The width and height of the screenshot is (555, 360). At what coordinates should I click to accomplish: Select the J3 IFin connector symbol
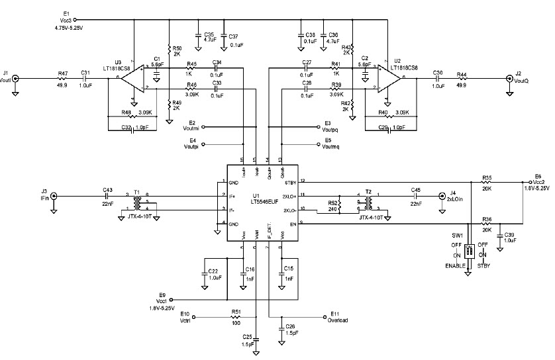click(54, 196)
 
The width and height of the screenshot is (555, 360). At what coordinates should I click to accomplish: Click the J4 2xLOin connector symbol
click(442, 196)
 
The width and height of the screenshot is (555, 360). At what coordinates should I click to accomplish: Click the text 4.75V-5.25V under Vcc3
click(69, 28)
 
